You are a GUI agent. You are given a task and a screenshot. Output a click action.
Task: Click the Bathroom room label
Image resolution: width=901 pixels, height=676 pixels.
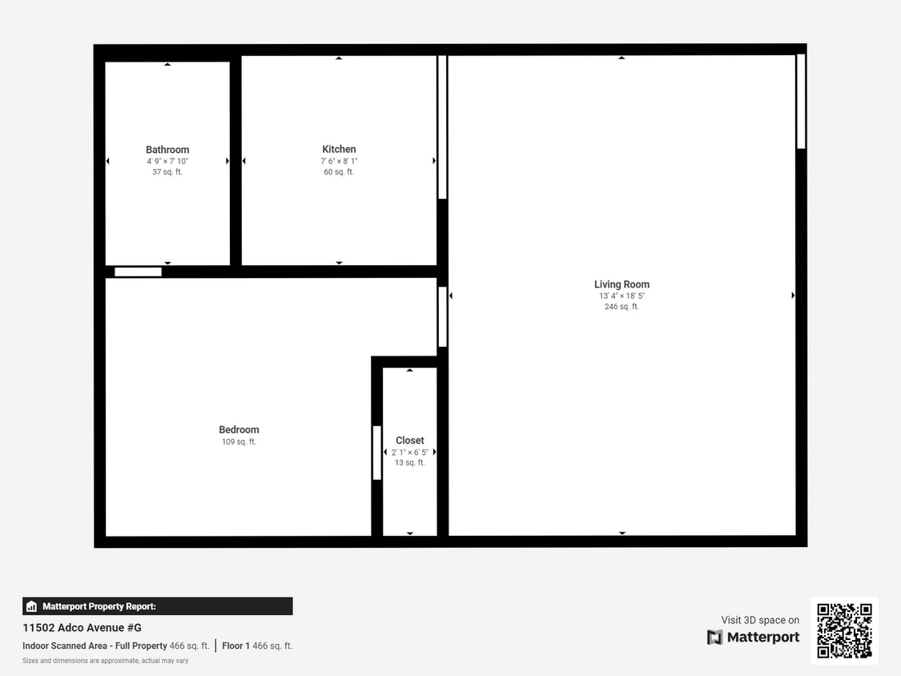pyautogui.click(x=167, y=150)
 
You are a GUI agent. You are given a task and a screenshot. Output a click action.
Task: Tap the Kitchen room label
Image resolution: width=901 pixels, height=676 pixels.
pyautogui.click(x=339, y=149)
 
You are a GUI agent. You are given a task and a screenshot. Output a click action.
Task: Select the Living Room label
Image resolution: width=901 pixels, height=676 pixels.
pyautogui.click(x=621, y=284)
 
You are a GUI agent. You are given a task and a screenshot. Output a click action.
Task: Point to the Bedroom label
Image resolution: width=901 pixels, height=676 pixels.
pyautogui.click(x=239, y=430)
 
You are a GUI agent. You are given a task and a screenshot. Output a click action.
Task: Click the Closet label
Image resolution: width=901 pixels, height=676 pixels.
pyautogui.click(x=409, y=441)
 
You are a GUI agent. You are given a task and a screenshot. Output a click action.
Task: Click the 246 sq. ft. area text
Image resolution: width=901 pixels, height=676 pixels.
pyautogui.click(x=621, y=307)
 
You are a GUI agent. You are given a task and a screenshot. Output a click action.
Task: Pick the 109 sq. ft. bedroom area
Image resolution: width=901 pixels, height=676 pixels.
pyautogui.click(x=239, y=442)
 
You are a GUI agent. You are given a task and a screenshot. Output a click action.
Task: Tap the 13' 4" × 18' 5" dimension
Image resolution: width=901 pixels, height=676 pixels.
pyautogui.click(x=621, y=296)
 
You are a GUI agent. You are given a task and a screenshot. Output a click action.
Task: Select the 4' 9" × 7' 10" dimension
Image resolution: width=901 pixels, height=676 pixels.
pyautogui.click(x=167, y=161)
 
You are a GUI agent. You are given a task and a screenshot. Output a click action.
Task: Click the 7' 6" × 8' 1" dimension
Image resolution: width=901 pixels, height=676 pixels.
pyautogui.click(x=339, y=161)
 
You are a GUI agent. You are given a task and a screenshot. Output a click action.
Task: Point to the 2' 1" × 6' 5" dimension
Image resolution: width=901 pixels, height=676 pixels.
pyautogui.click(x=409, y=452)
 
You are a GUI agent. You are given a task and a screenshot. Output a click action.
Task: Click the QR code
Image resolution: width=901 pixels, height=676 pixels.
pyautogui.click(x=844, y=631)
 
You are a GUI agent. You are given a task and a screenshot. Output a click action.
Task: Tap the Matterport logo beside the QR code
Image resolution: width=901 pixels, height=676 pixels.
pyautogui.click(x=753, y=638)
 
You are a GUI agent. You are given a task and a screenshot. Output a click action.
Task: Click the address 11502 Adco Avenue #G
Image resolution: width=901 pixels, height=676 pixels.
pyautogui.click(x=82, y=628)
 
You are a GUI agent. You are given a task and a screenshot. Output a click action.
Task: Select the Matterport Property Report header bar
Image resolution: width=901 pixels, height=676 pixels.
pyautogui.click(x=157, y=606)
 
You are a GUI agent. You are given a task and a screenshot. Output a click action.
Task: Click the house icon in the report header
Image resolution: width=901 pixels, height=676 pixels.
pyautogui.click(x=32, y=606)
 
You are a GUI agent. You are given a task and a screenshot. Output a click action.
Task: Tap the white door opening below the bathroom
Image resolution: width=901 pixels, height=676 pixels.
pyautogui.click(x=138, y=272)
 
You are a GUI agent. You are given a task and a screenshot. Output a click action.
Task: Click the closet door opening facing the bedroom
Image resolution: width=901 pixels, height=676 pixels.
pyautogui.click(x=376, y=453)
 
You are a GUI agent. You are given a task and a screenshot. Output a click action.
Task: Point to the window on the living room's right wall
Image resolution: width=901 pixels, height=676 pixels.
pyautogui.click(x=800, y=101)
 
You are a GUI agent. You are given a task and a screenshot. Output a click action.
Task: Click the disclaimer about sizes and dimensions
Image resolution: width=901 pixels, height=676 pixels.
pyautogui.click(x=105, y=661)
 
